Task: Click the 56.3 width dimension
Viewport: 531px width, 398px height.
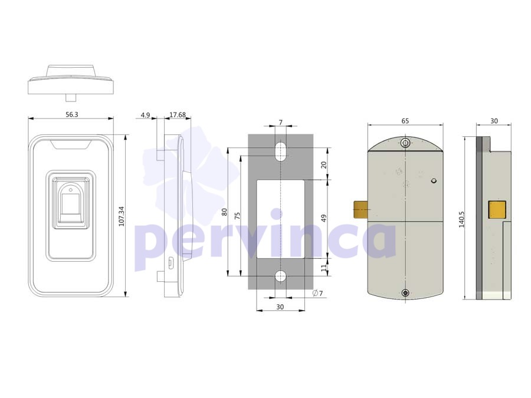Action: click(72, 114)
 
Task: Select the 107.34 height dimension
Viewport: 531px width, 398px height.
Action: click(122, 216)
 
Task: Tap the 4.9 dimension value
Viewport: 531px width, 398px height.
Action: click(145, 115)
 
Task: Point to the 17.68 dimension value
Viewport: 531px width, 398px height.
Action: click(178, 115)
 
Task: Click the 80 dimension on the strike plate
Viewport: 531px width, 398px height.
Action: click(224, 212)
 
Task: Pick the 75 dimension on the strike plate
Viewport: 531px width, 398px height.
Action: click(237, 216)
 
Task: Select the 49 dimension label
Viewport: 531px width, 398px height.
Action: click(324, 218)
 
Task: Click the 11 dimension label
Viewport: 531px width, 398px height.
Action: click(324, 267)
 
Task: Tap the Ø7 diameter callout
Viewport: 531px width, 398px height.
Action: click(317, 293)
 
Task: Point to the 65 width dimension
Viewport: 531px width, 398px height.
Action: click(405, 121)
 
